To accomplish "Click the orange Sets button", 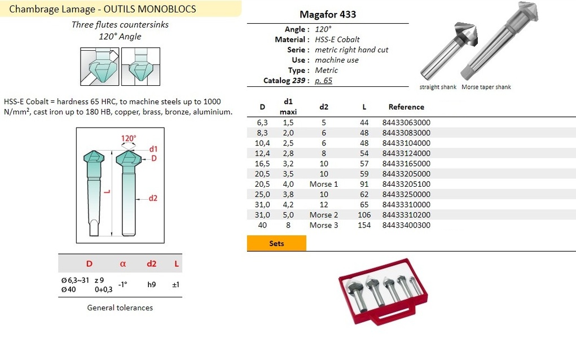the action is (276, 243).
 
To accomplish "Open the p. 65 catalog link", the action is (323, 81).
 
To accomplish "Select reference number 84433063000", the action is (406, 122).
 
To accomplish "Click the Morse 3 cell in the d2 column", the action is (324, 225).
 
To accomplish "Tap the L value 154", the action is (364, 225).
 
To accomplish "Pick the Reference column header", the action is (406, 107).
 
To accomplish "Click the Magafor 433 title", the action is (328, 14).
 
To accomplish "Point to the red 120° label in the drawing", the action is (129, 138).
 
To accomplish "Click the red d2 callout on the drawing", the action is (153, 198).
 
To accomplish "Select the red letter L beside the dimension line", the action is (107, 191).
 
